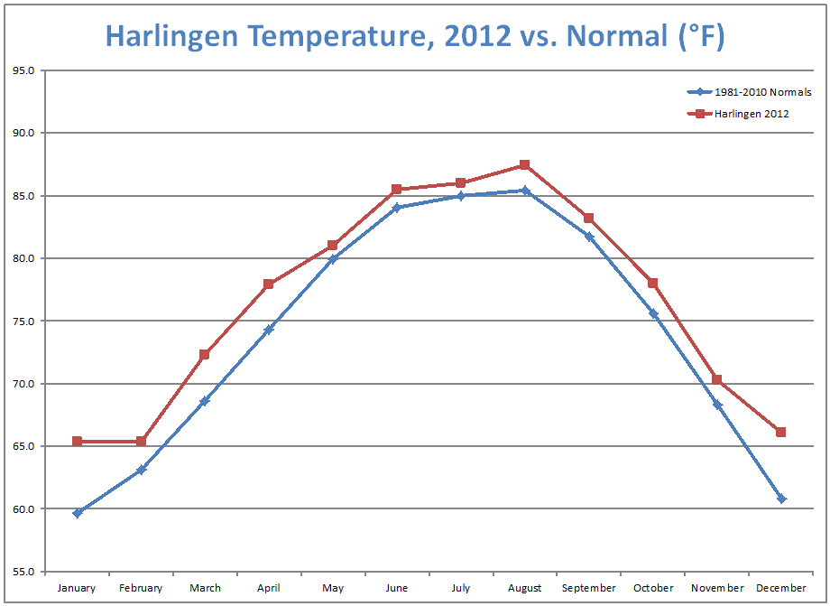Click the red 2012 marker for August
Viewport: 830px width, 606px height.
(524, 165)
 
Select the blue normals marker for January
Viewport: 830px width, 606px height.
(78, 513)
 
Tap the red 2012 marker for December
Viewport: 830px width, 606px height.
(780, 433)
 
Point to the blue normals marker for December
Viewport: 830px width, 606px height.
(780, 499)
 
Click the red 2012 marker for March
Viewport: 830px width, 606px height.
(205, 355)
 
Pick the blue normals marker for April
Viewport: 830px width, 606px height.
(269, 330)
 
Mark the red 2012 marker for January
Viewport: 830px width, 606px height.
(78, 442)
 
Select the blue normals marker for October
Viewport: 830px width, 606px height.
(652, 313)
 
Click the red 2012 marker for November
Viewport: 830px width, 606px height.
(716, 379)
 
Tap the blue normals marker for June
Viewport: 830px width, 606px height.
(396, 208)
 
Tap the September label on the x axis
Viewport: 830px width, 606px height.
(588, 588)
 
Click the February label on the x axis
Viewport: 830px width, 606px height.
(141, 588)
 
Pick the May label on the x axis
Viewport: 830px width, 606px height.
(333, 588)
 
